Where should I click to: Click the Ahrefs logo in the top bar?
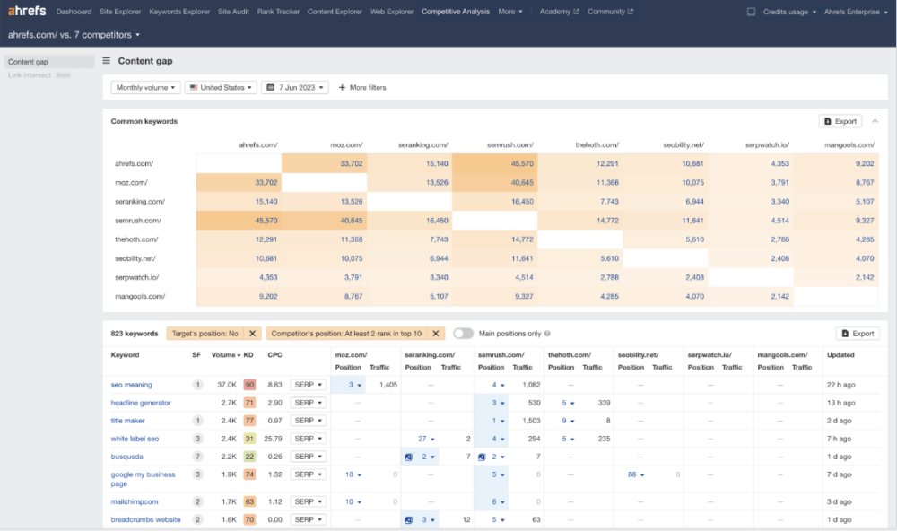[x=28, y=12]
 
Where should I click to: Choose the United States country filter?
[x=222, y=88]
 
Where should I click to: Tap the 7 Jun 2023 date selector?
[x=294, y=88]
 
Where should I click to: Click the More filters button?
[x=362, y=88]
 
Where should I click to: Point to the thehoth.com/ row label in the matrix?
[x=136, y=239]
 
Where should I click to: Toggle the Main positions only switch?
[x=463, y=334]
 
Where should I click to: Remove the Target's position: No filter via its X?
[x=253, y=334]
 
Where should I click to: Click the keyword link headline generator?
[x=141, y=403]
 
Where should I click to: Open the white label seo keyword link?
[x=135, y=439]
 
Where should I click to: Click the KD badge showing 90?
[x=248, y=385]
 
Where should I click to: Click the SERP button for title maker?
[x=308, y=421]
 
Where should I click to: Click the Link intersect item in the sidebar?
[x=29, y=75]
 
